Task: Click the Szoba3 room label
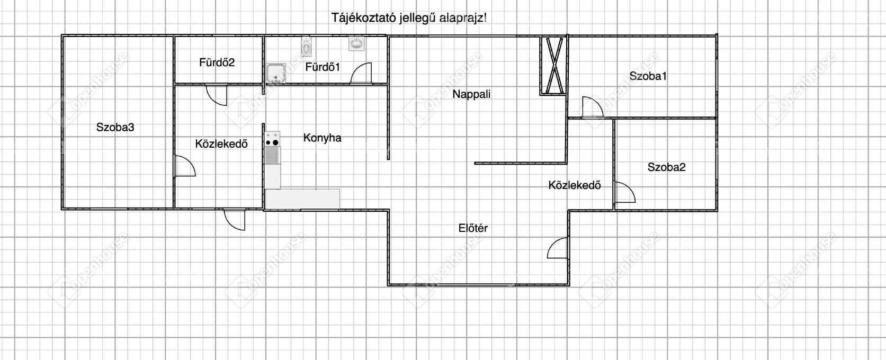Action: [x=115, y=128]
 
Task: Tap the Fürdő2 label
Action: [x=217, y=62]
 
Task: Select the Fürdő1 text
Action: [x=323, y=67]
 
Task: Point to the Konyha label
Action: [x=322, y=138]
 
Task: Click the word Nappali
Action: [x=471, y=95]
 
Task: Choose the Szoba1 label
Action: [x=648, y=76]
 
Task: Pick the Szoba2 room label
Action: [x=666, y=167]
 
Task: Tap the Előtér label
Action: [x=473, y=228]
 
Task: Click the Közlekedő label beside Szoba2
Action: [x=574, y=185]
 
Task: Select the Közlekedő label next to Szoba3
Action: [x=221, y=144]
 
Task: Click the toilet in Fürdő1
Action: [x=306, y=47]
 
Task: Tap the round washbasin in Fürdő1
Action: [x=356, y=43]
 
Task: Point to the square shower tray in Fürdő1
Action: [x=276, y=74]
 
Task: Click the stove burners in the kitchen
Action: [x=272, y=139]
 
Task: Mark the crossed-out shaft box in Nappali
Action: [x=554, y=66]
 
